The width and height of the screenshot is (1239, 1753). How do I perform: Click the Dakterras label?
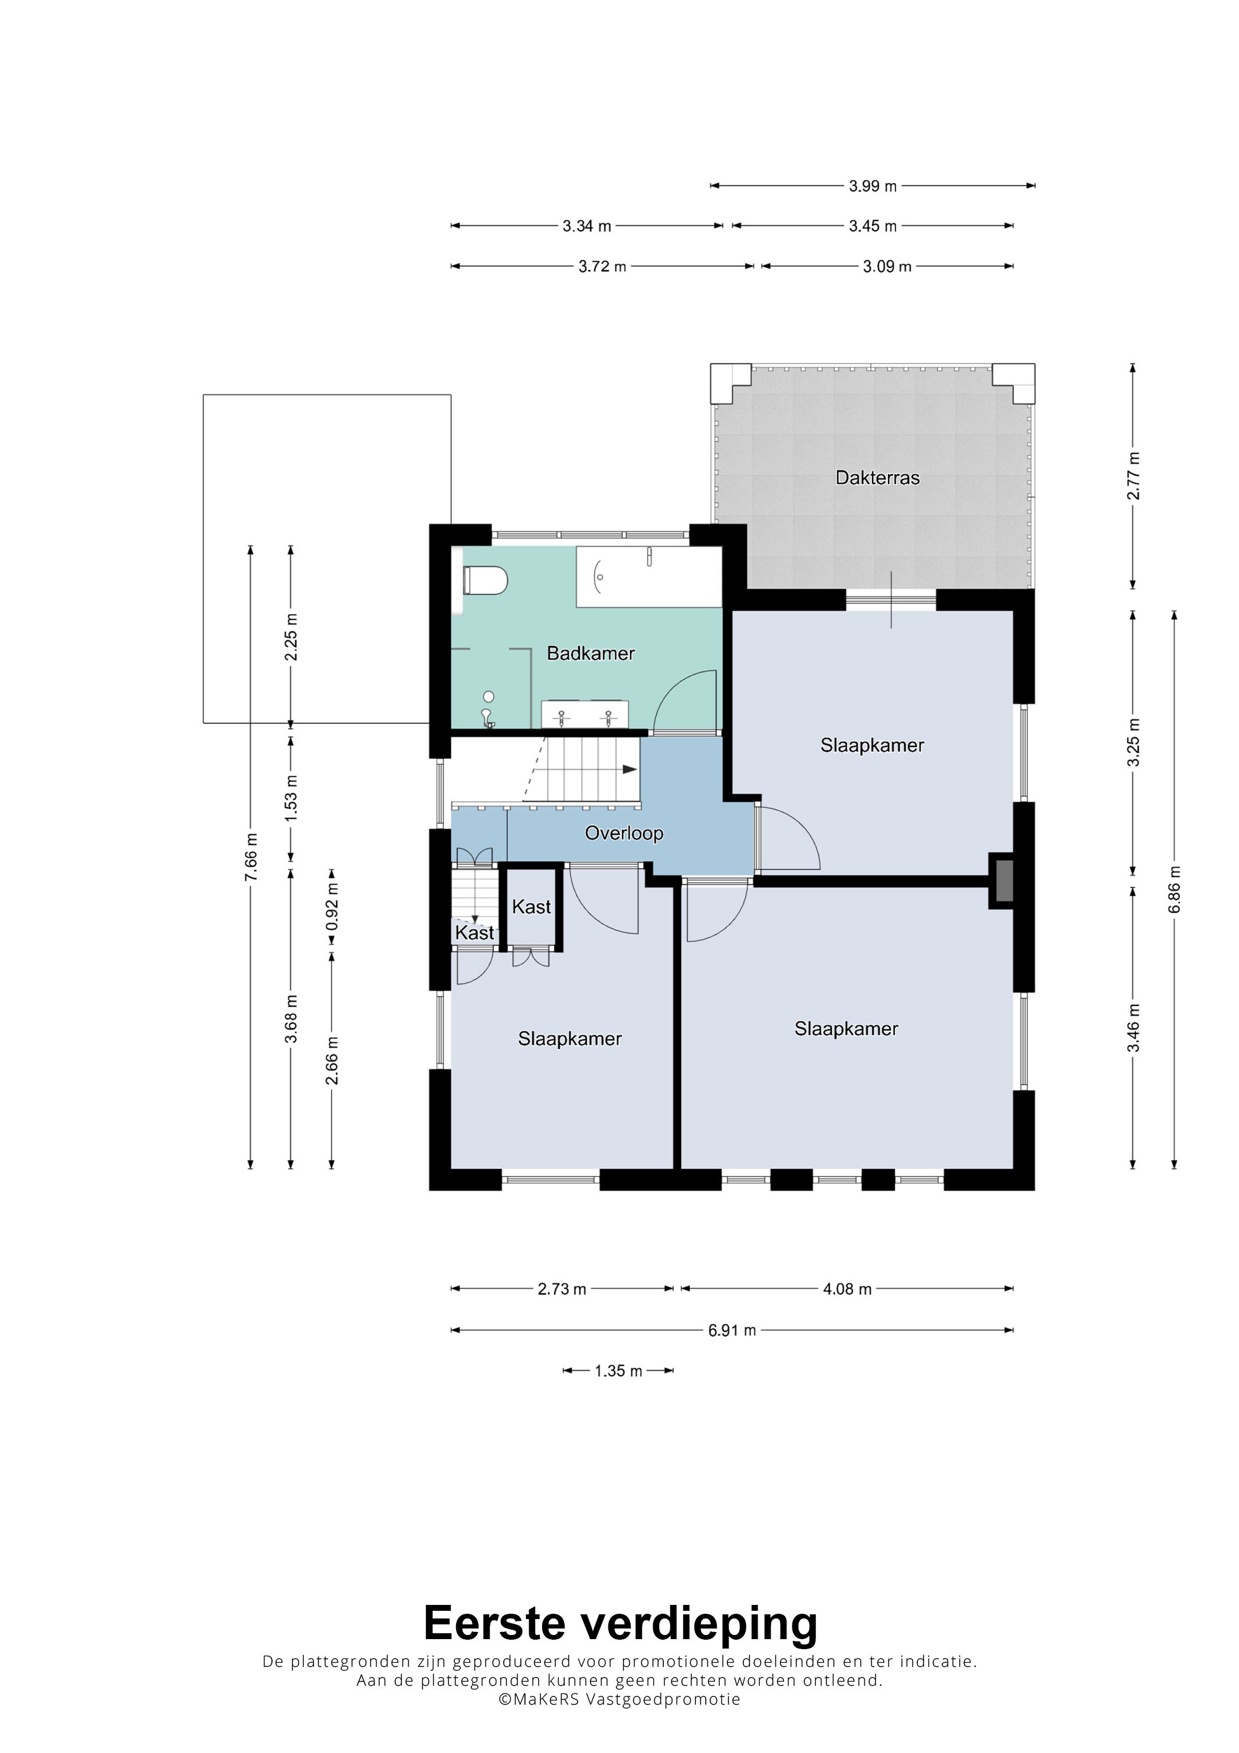(x=877, y=478)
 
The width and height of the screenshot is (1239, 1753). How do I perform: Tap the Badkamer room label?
(x=591, y=654)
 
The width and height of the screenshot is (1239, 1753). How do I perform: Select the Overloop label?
(x=624, y=833)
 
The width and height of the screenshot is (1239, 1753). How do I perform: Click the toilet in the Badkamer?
(x=486, y=580)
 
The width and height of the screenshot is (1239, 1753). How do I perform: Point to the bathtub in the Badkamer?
(x=649, y=577)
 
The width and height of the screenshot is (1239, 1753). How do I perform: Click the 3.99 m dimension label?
(x=873, y=185)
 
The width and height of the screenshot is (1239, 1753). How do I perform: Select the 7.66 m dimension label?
(x=250, y=857)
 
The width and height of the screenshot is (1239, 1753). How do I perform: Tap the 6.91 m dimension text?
(x=732, y=1330)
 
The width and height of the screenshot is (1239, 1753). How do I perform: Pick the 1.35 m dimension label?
(x=618, y=1371)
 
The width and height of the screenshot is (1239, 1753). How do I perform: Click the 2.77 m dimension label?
(x=1133, y=476)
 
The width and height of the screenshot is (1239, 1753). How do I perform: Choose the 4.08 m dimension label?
(x=847, y=1289)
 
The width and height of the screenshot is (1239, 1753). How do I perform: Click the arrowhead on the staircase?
(x=630, y=769)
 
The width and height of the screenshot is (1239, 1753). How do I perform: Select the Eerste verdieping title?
(x=620, y=1624)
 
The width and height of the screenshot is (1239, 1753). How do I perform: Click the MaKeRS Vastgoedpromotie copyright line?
(x=619, y=1699)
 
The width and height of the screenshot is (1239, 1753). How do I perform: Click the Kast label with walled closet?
(x=532, y=907)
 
